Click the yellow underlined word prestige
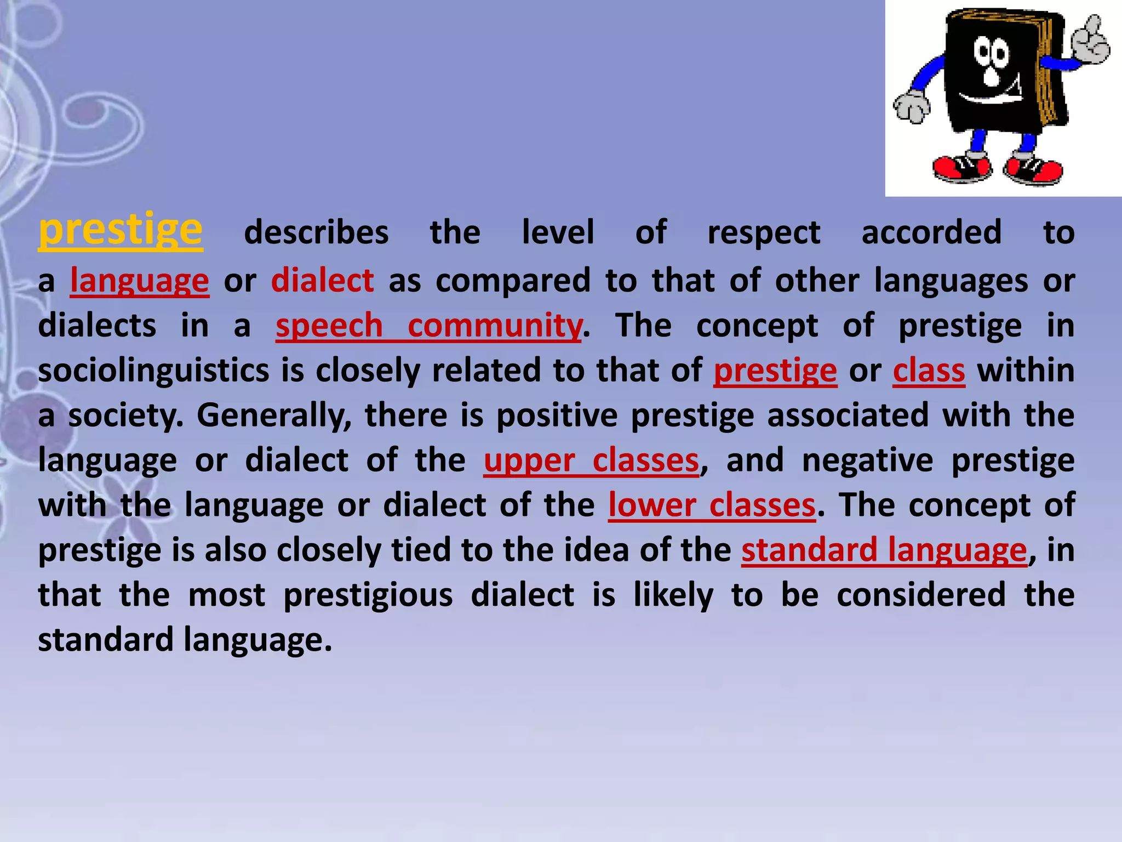click(120, 230)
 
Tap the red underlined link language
click(140, 281)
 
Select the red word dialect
click(323, 281)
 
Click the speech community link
click(428, 326)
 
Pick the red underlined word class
click(929, 371)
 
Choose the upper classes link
click(591, 460)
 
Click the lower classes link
click(712, 505)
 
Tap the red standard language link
click(884, 550)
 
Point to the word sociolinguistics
click(153, 371)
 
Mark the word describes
click(316, 232)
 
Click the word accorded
click(931, 232)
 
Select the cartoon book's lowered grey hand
click(911, 107)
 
